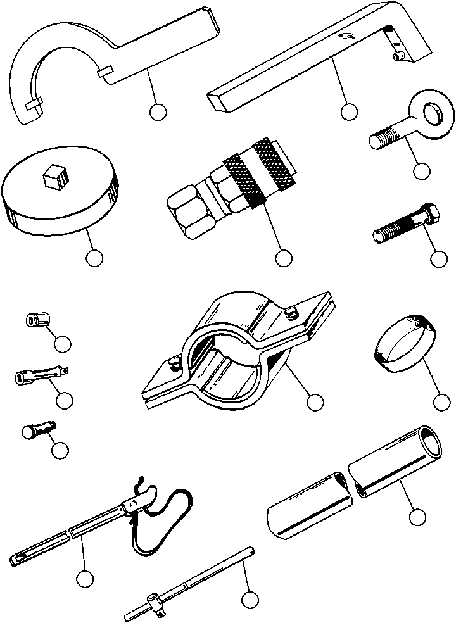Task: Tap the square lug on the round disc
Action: tap(54, 177)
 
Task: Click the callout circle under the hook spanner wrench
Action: tap(158, 113)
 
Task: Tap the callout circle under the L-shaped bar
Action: tap(348, 113)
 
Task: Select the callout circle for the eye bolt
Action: tap(421, 171)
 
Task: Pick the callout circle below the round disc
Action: tap(94, 258)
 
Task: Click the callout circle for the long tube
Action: tap(416, 517)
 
